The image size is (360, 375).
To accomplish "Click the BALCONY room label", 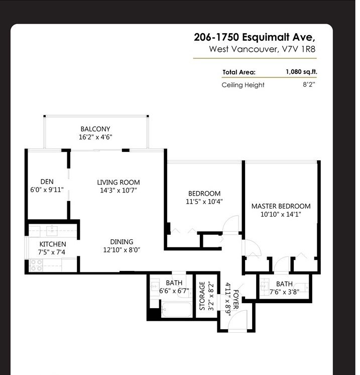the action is (95, 129).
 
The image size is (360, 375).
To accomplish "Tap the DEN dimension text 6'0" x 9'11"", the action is (47, 190).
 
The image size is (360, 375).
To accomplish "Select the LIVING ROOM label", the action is (118, 182).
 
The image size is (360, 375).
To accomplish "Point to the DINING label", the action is (122, 242).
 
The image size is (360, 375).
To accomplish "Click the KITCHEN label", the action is (53, 244).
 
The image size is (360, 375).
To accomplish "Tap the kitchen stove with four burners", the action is (36, 265).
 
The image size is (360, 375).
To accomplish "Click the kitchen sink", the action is (52, 230).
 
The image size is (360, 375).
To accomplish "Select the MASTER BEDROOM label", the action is (281, 206).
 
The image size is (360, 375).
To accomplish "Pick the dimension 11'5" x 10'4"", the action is (204, 202).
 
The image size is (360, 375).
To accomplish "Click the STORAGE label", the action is (202, 296).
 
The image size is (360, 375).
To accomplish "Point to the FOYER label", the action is (235, 299).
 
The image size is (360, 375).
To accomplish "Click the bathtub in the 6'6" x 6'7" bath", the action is (177, 310).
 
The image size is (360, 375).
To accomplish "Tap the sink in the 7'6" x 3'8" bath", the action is (264, 286).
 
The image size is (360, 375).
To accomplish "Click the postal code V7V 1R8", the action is (299, 49).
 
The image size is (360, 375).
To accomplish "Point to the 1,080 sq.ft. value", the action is (301, 72).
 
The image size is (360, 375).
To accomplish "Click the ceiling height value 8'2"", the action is (309, 84).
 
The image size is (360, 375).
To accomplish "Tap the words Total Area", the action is (239, 72).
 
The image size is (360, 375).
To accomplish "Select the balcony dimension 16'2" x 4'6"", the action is (95, 137).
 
